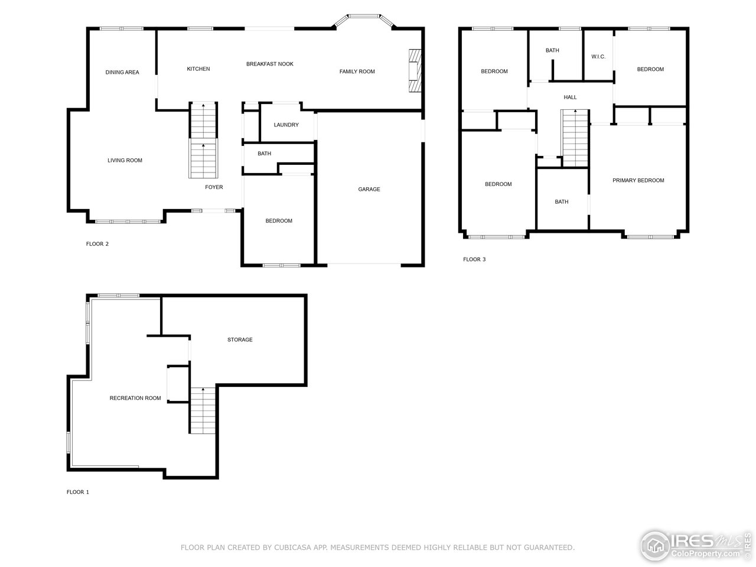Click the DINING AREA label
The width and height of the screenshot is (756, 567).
122,73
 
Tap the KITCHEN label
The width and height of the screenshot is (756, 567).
198,69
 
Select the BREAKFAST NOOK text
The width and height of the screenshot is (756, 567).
270,64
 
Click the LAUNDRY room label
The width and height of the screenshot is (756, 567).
286,125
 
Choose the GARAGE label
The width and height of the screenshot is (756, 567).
369,190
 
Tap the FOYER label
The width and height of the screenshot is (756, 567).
214,187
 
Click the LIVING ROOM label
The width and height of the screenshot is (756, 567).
125,161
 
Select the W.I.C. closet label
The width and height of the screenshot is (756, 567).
598,57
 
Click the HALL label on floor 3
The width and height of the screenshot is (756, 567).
570,97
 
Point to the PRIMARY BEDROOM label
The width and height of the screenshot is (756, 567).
638,181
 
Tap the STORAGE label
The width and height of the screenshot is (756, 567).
240,340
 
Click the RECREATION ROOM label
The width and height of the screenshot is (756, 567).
135,398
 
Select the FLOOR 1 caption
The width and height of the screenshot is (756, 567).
77,492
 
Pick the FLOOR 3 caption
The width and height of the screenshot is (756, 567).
474,259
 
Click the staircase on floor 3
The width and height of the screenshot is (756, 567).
575,138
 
